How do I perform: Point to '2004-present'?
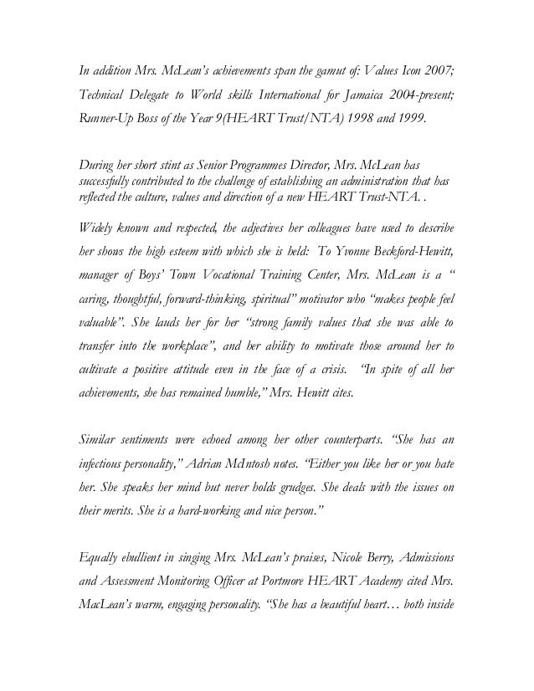[x=414, y=93]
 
